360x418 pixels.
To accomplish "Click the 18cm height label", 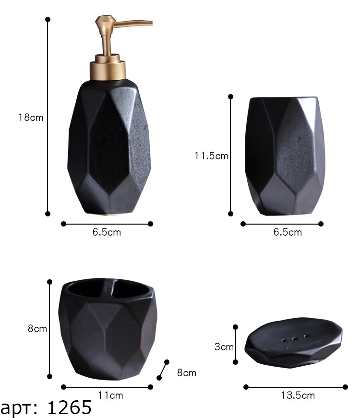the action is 31,118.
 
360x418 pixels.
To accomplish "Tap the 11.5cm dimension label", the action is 211,156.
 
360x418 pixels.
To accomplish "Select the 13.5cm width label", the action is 298,395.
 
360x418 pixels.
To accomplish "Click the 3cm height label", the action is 224,347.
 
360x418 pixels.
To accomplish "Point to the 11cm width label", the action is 110,395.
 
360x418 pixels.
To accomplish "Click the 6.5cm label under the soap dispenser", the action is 107,232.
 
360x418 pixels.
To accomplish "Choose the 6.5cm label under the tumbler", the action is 288,232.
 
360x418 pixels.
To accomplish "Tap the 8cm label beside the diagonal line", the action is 187,373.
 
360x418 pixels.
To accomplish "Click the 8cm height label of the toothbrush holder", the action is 37,329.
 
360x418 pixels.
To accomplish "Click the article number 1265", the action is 69,407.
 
